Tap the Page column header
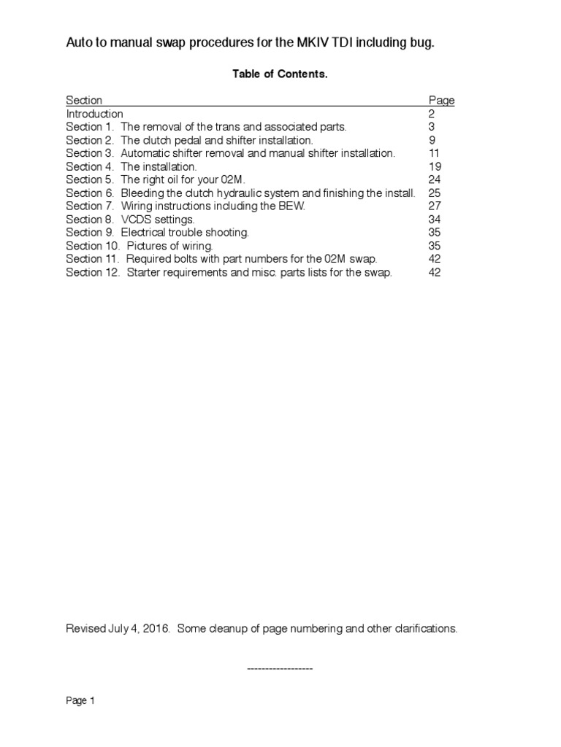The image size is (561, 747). [441, 101]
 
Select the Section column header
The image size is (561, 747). [84, 101]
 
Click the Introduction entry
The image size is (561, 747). [95, 114]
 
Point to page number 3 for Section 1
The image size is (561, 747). [432, 127]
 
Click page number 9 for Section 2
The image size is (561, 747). [432, 140]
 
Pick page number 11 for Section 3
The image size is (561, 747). [435, 153]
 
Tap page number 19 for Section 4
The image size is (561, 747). [435, 166]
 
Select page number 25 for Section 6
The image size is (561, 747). [435, 193]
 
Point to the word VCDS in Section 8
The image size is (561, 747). [135, 219]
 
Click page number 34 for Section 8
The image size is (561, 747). [435, 219]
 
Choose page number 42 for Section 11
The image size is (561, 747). [435, 259]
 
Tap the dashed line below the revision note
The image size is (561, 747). [280, 668]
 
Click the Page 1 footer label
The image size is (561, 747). [81, 701]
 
